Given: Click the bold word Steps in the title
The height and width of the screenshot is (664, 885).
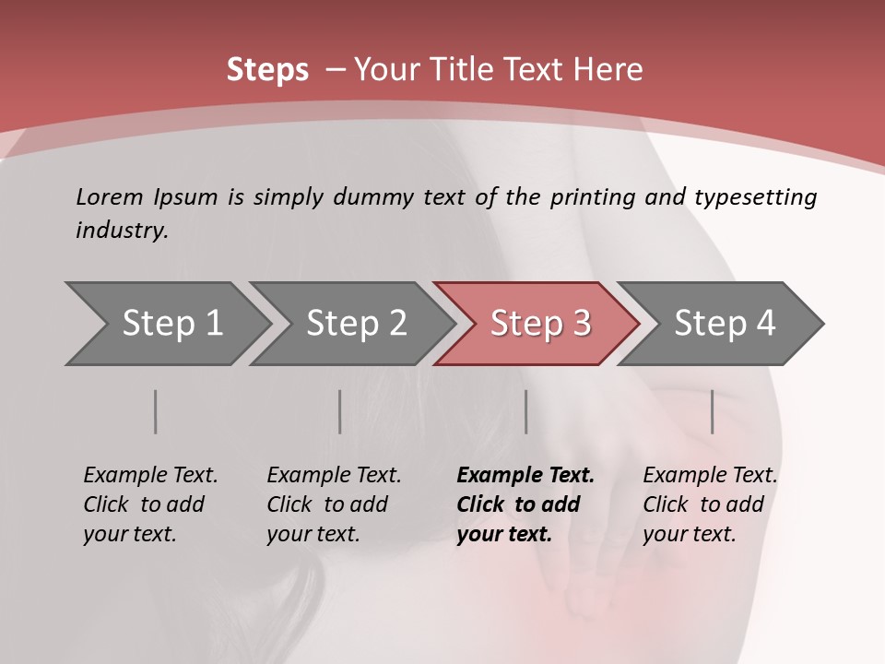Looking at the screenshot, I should click(267, 70).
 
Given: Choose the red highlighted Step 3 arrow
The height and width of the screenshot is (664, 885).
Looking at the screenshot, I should click(540, 324).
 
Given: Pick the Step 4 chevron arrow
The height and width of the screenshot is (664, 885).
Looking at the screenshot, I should click(725, 324).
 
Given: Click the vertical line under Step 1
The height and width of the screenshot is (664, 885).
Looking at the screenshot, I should click(156, 411).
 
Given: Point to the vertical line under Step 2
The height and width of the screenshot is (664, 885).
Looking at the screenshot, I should click(340, 411).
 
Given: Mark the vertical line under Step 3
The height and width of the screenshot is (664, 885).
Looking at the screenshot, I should click(525, 411).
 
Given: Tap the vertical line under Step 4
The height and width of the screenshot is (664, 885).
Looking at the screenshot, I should click(713, 411).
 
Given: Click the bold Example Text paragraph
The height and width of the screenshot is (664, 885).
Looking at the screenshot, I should click(525, 504).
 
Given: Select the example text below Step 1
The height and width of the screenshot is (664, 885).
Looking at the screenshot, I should click(150, 504).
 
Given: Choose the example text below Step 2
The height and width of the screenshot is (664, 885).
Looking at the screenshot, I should click(334, 504).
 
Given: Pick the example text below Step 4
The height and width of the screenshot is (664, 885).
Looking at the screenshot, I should click(710, 504).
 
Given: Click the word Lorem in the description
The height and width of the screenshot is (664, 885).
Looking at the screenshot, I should click(108, 196).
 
